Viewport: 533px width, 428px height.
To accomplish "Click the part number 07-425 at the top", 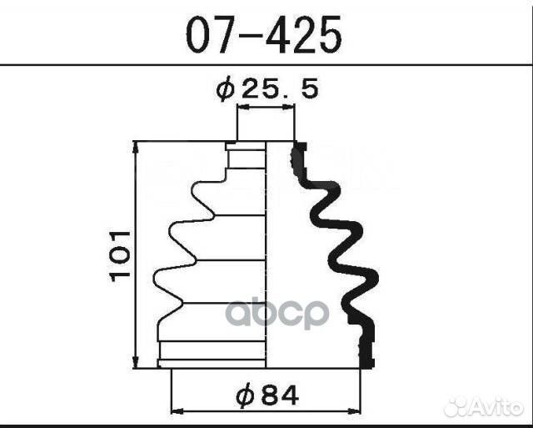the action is [263, 35].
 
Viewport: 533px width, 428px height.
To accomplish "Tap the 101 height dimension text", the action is [120, 255].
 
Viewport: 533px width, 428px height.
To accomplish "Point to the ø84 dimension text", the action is [267, 395].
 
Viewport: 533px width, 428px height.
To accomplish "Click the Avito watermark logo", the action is [485, 406].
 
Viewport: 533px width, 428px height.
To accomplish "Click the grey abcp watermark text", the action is [277, 313].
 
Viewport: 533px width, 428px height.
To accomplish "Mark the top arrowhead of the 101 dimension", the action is [136, 147].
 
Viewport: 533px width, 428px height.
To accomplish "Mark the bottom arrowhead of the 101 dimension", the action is [136, 362].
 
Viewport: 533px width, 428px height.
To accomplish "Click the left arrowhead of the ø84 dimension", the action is [177, 410].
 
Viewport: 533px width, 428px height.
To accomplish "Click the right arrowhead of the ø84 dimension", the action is [353, 410].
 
